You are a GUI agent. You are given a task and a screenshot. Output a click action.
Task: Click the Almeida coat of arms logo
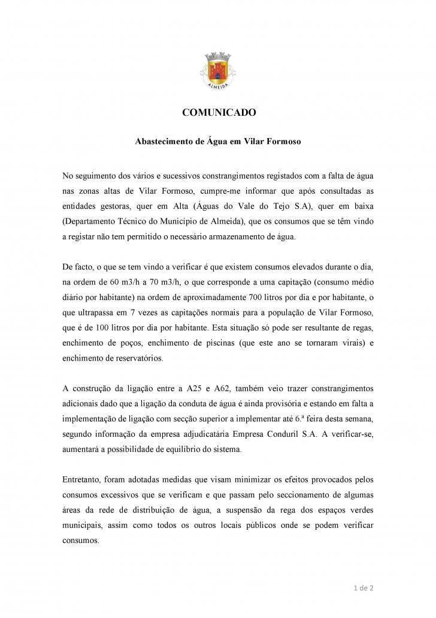(218, 70)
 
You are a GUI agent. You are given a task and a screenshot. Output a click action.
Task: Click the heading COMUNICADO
(219, 112)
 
